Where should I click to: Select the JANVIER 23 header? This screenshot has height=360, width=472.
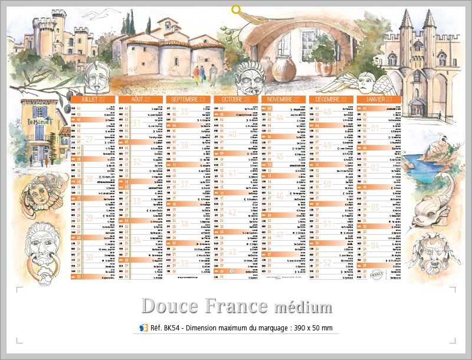click(378, 100)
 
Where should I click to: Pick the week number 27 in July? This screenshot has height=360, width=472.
click(89, 139)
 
